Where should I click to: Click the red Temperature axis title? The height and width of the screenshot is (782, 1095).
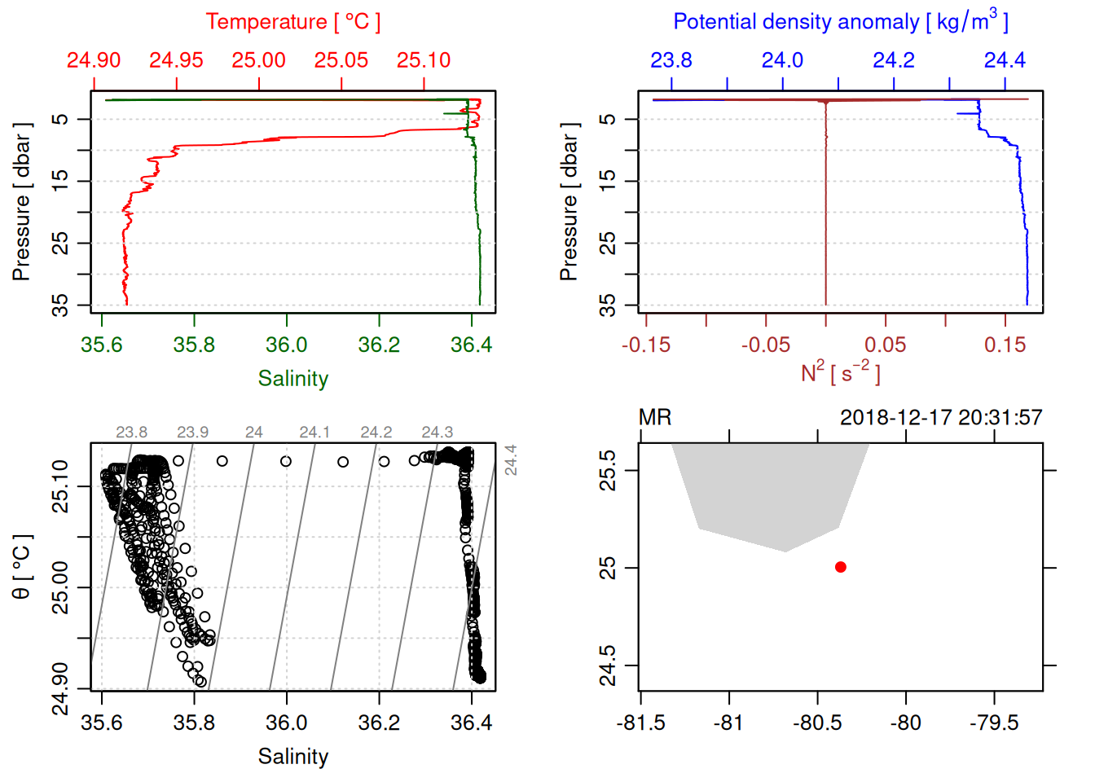pyautogui.click(x=292, y=22)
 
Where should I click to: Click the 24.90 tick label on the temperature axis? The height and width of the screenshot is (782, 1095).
pyautogui.click(x=94, y=60)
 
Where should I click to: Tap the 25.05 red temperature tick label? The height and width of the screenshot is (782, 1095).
pyautogui.click(x=341, y=60)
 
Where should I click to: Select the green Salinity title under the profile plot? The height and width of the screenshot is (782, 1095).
pyautogui.click(x=292, y=379)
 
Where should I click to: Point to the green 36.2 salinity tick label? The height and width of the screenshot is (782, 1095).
pyautogui.click(x=379, y=345)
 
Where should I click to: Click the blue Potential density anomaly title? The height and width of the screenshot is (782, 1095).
pyautogui.click(x=840, y=22)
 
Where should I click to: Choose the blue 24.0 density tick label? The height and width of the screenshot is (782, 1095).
pyautogui.click(x=782, y=60)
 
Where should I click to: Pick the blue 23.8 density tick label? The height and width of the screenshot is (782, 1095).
pyautogui.click(x=671, y=60)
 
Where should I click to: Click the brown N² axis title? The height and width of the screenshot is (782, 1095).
pyautogui.click(x=840, y=372)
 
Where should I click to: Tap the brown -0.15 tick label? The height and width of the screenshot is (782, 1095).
pyautogui.click(x=646, y=345)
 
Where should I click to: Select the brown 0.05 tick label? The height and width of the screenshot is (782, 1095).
pyautogui.click(x=886, y=345)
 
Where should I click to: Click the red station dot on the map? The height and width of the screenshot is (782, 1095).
pyautogui.click(x=841, y=567)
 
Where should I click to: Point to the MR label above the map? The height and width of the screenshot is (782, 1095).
pyautogui.click(x=655, y=418)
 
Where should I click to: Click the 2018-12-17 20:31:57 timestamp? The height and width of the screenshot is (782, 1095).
pyautogui.click(x=941, y=418)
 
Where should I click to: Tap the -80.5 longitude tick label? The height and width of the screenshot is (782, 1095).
pyautogui.click(x=817, y=723)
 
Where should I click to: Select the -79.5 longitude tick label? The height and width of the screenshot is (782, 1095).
pyautogui.click(x=994, y=723)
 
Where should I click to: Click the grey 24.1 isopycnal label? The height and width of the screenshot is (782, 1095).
pyautogui.click(x=314, y=433)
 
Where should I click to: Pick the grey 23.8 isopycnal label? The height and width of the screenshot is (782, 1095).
pyautogui.click(x=131, y=433)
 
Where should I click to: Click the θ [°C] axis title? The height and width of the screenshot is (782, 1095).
pyautogui.click(x=22, y=567)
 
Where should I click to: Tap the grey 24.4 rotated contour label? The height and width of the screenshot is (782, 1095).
pyautogui.click(x=511, y=459)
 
